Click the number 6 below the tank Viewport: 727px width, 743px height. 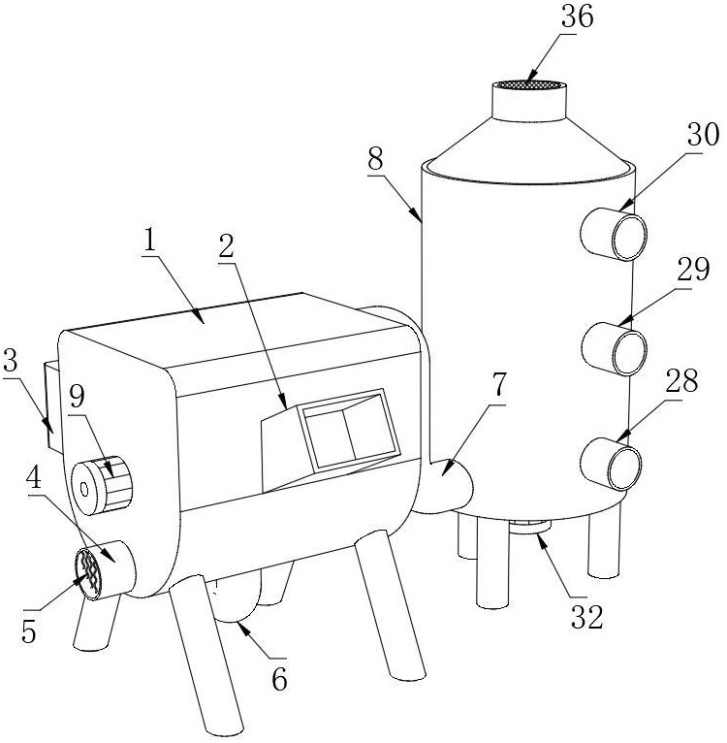coord(278,680)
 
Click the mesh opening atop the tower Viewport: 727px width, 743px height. coord(530,85)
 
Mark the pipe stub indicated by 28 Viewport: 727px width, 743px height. coord(616,463)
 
